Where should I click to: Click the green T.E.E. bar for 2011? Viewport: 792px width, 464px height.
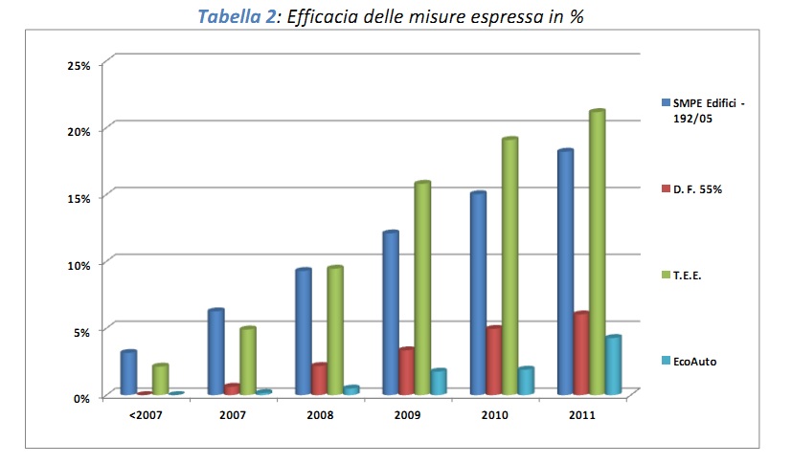coord(597,254)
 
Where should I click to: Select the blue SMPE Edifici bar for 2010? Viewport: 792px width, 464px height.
coord(478,294)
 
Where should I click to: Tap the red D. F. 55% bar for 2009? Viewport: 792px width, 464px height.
coord(407,372)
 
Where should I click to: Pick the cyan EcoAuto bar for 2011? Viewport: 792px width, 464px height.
coord(613,365)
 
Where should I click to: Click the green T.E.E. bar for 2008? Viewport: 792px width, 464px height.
coord(335,331)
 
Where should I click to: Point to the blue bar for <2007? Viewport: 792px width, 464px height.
coord(128,373)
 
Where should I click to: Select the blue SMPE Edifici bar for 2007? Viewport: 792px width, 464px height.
coord(215,352)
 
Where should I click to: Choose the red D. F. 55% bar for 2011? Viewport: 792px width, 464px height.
coord(580,354)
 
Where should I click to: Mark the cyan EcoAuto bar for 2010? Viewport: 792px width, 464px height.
coord(526,381)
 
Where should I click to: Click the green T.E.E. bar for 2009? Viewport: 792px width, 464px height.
coord(422,289)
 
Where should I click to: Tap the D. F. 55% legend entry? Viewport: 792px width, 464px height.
coord(696,189)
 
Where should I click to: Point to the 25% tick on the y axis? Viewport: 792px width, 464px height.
coord(79,65)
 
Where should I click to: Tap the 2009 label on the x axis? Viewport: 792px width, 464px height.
coord(407,416)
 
